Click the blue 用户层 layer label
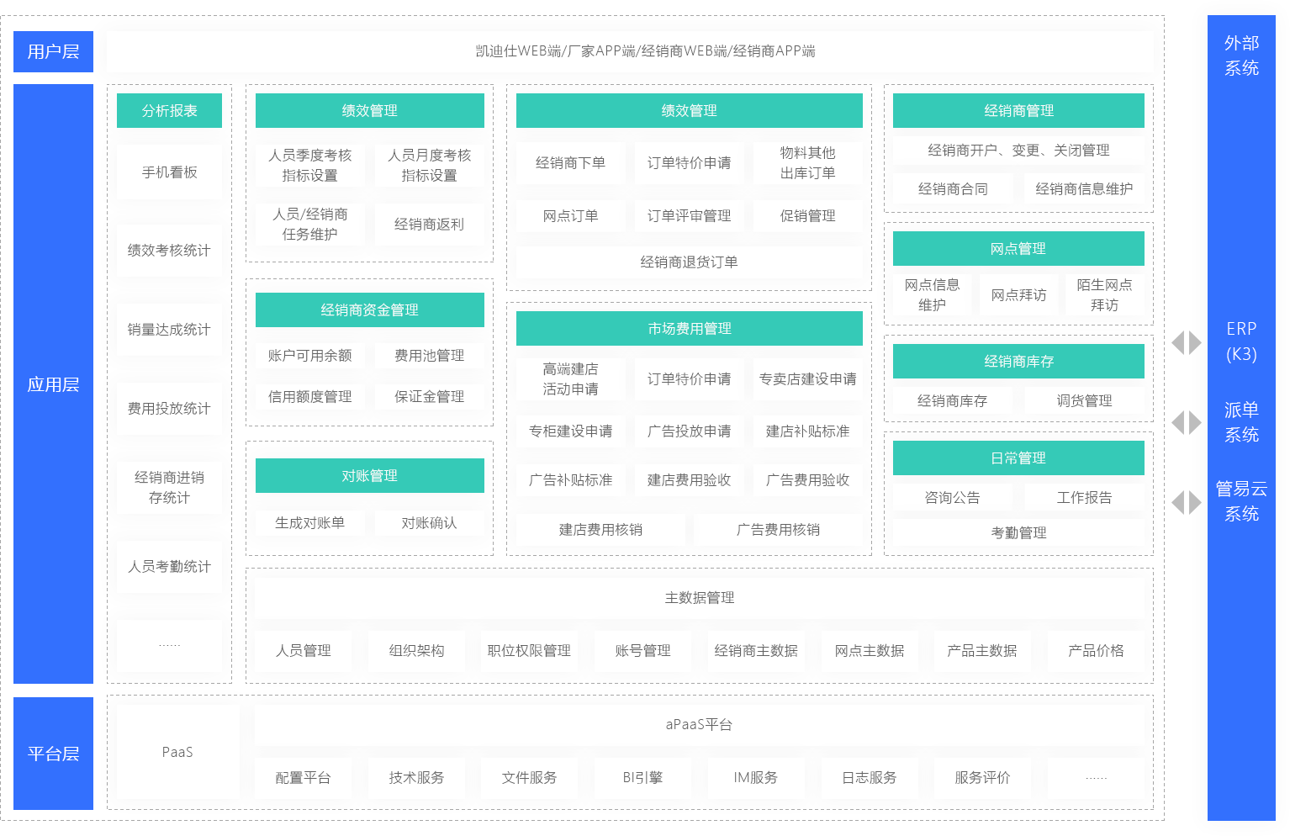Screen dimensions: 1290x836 click(53, 51)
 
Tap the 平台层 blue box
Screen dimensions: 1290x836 click(53, 753)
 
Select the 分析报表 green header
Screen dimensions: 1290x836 click(169, 110)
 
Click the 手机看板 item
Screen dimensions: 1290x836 click(169, 172)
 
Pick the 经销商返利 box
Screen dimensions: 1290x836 click(429, 224)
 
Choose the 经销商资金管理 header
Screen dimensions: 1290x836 click(370, 310)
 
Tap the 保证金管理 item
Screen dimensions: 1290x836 click(429, 396)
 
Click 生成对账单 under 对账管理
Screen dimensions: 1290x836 click(309, 522)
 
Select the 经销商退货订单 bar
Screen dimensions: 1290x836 click(689, 262)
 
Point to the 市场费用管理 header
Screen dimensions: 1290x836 click(690, 328)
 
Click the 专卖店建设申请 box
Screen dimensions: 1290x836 click(807, 378)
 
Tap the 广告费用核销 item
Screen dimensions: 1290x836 click(778, 530)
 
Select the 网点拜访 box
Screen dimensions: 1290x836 click(1018, 295)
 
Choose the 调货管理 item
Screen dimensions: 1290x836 click(1084, 400)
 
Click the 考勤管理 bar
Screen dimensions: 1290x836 click(1018, 532)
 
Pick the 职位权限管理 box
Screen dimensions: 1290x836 click(529, 650)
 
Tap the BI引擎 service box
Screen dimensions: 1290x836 click(642, 777)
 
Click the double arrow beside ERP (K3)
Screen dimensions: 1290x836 click(1187, 343)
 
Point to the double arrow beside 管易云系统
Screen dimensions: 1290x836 click(1187, 502)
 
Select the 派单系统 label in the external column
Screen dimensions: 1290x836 click(1241, 421)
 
